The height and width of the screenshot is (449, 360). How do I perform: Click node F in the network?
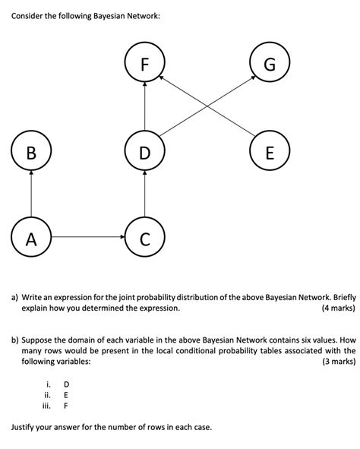(x=144, y=63)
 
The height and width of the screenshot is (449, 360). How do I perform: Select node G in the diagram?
(x=269, y=63)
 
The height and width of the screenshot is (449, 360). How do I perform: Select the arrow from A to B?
(x=31, y=195)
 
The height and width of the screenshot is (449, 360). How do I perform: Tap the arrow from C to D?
(x=144, y=195)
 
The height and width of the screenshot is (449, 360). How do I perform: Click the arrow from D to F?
(x=144, y=107)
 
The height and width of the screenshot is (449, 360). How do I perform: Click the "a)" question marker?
(x=14, y=298)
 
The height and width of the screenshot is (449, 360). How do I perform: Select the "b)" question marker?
(x=14, y=340)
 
